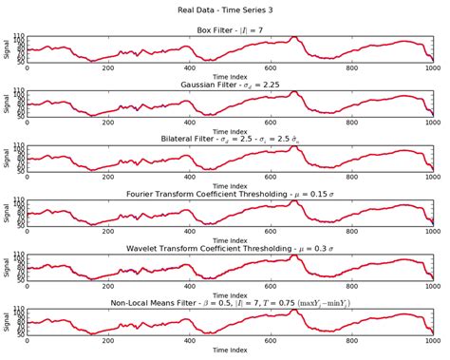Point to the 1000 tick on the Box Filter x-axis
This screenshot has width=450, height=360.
pyautogui.click(x=433, y=67)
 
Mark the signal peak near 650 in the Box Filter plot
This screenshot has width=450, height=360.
pyautogui.click(x=294, y=38)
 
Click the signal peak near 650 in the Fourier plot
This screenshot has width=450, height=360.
pyautogui.click(x=294, y=202)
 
